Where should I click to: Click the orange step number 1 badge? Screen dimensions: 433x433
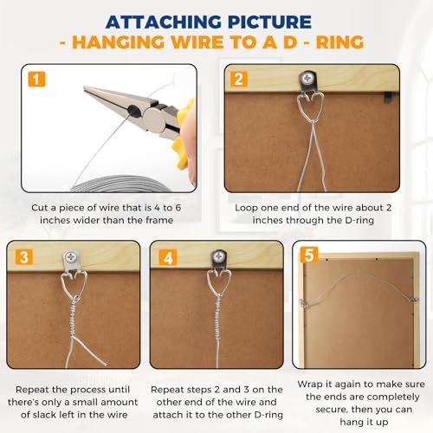[x=36, y=79]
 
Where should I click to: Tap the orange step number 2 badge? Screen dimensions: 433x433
[x=239, y=79]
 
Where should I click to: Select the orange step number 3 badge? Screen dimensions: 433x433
[x=24, y=257]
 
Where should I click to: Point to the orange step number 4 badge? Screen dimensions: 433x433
[x=168, y=258]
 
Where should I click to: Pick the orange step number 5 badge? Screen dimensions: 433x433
[x=309, y=255]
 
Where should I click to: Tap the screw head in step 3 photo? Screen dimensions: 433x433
[x=70, y=256]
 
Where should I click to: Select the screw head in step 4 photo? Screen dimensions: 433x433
[x=219, y=256]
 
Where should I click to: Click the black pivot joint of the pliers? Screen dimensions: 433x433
[x=133, y=110]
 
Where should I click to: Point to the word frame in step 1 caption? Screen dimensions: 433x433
[x=159, y=220]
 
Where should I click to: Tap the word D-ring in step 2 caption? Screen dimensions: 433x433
[x=359, y=220]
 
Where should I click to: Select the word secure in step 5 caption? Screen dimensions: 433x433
[x=331, y=410]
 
